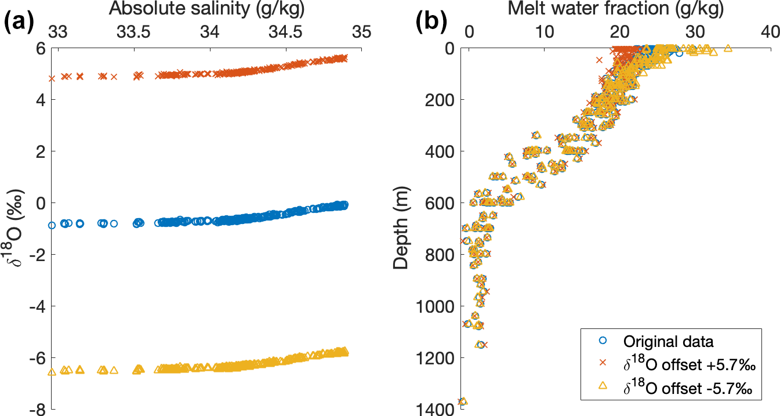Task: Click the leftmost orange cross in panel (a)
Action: point(52,78)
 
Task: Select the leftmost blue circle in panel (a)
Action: point(52,225)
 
